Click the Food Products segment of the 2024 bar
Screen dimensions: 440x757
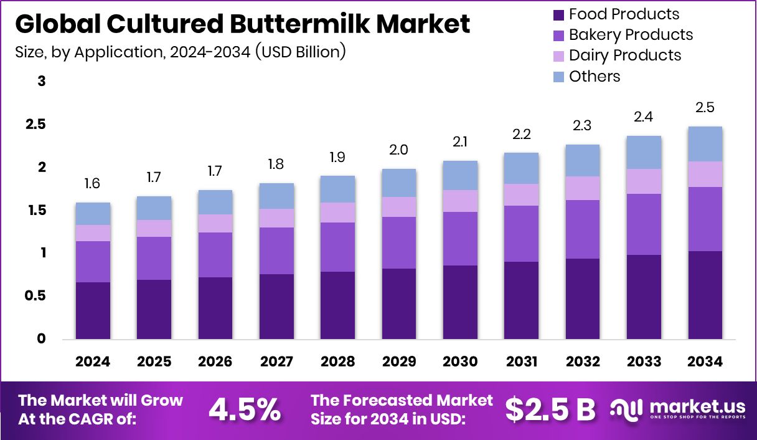coord(93,310)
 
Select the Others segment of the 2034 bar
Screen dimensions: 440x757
coord(705,144)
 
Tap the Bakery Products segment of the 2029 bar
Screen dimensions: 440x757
coord(399,242)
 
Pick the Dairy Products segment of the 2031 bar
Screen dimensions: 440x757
coord(522,194)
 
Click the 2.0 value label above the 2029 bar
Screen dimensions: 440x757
coord(399,150)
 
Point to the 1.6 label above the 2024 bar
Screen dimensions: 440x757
coord(93,184)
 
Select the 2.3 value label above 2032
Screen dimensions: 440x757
coord(583,126)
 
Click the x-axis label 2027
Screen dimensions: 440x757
coord(276,362)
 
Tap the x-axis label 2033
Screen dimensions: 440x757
coord(644,362)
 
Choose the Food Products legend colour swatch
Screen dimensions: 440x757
coord(558,14)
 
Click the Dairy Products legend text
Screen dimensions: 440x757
coord(624,55)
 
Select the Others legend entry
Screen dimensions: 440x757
coord(594,77)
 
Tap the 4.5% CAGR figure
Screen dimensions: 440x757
coord(244,409)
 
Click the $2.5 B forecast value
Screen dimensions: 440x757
coord(550,409)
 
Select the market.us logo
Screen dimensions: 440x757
coord(677,409)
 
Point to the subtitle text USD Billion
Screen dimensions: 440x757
coord(298,51)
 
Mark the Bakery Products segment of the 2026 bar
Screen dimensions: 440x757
coord(215,254)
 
